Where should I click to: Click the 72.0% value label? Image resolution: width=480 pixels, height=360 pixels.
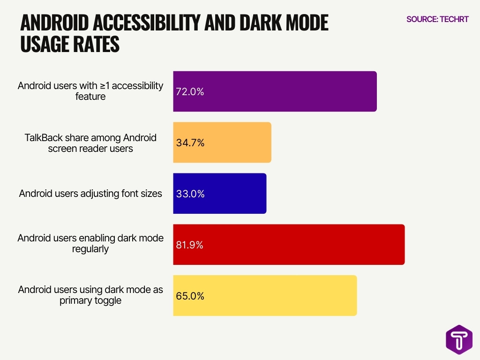pos(190,92)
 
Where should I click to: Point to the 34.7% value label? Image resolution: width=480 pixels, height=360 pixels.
pos(190,143)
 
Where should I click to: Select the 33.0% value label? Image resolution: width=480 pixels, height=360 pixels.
pos(190,194)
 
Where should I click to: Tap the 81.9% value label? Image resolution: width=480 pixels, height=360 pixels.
pos(190,245)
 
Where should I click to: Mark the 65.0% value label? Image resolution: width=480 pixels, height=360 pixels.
pos(190,296)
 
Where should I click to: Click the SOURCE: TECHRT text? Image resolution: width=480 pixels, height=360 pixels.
pos(437,19)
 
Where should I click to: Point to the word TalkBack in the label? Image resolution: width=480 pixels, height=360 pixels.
pos(43,138)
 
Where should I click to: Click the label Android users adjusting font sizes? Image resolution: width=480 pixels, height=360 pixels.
pos(90,194)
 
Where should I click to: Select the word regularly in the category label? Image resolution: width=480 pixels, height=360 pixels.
pos(90,249)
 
